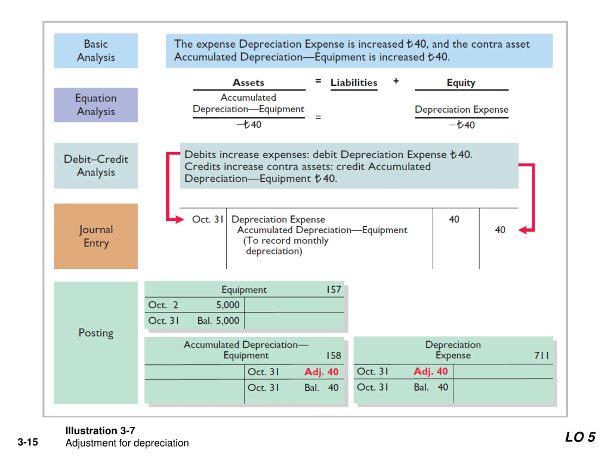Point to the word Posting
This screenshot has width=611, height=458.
coord(96,333)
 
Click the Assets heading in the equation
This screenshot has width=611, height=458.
coord(248,83)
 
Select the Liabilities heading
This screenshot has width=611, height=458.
coord(354,83)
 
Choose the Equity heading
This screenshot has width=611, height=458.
coord(461,83)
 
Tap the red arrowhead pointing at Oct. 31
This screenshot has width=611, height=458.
coord(179,219)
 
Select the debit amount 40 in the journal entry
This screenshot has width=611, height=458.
coord(454,219)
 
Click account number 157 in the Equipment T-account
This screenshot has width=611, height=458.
coord(334,290)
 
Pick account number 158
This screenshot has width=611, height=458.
coord(334,355)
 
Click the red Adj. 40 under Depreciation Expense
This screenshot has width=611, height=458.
coord(431,372)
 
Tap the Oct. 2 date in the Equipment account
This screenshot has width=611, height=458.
coord(163,305)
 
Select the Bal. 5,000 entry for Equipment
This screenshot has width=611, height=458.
coord(218,321)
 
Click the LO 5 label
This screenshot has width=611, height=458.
coord(580,437)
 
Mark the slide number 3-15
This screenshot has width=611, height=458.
coord(28,442)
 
